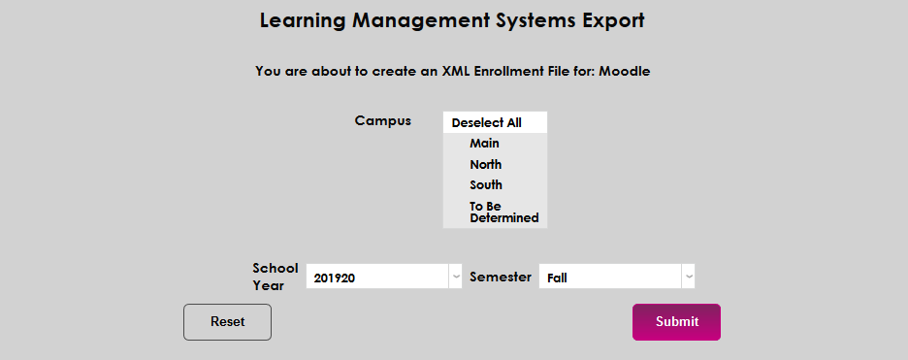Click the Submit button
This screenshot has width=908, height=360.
click(676, 322)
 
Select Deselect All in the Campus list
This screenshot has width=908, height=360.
click(486, 123)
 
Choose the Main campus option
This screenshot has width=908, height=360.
click(484, 144)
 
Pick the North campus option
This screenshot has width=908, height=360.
click(485, 165)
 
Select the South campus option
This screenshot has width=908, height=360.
click(486, 185)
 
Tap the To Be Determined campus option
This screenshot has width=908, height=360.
click(503, 212)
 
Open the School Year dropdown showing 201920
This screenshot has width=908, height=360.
click(378, 278)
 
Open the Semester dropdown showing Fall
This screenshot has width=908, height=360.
click(611, 278)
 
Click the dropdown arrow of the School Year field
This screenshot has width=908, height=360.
click(456, 278)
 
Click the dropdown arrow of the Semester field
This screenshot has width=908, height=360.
click(689, 278)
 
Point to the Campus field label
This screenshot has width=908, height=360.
click(382, 121)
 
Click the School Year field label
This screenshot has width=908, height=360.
click(269, 277)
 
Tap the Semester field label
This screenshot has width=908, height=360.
click(501, 277)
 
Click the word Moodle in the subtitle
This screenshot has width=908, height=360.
click(625, 71)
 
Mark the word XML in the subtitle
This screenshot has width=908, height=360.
click(456, 71)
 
